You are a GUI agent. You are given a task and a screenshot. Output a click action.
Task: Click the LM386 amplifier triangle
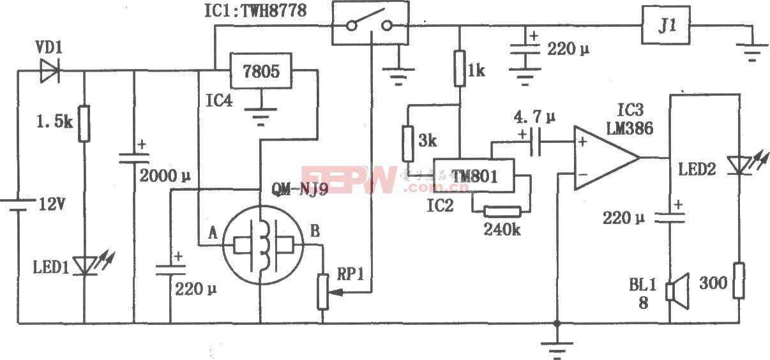point(603,158)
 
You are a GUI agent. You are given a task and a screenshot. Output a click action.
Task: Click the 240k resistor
point(502,212)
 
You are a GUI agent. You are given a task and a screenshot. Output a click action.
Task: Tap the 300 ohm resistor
point(739,281)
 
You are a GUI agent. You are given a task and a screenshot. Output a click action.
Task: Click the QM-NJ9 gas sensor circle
point(261,246)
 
